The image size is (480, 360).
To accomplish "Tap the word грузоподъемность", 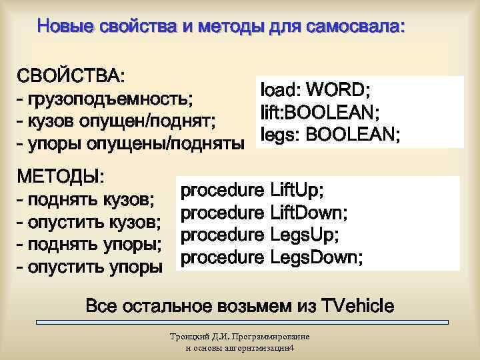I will tap(109, 99).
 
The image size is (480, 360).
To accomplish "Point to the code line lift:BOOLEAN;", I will tap(321, 112).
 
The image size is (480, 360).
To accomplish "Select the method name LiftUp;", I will tap(297, 191).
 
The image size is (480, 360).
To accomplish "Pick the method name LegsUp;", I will tap(304, 235).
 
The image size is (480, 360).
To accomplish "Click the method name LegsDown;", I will tap(317, 257).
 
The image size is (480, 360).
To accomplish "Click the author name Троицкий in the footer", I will tap(190, 337).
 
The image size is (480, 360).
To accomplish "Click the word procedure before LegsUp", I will tap(222, 235).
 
